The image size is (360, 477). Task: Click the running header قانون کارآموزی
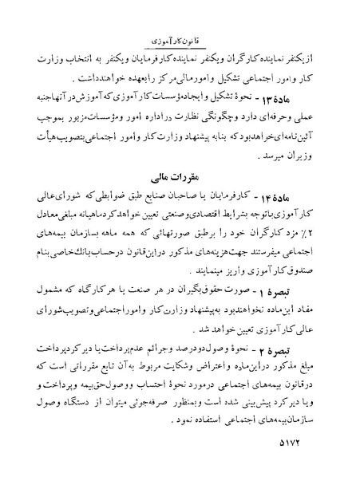pyautogui.click(x=180, y=37)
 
